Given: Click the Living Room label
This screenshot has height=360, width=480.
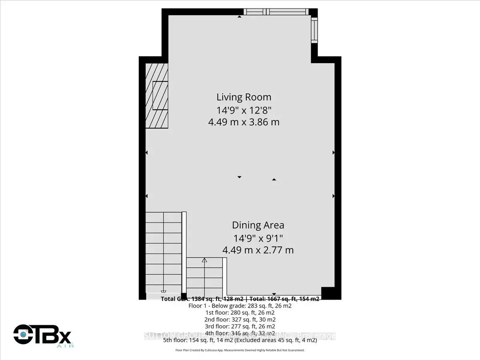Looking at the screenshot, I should click(x=244, y=97).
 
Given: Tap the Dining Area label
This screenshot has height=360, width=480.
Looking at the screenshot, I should click(x=258, y=225).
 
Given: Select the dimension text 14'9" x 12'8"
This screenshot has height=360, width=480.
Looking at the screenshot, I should click(x=244, y=110).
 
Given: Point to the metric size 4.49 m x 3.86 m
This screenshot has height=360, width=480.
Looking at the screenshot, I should click(x=244, y=122).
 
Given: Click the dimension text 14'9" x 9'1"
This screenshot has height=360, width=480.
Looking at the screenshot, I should click(x=258, y=238).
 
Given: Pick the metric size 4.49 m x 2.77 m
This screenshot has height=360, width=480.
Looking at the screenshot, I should click(x=258, y=250).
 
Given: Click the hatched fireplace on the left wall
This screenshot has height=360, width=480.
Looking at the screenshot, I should click(x=157, y=96).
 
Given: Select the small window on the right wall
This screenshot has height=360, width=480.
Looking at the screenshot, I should click(x=314, y=31).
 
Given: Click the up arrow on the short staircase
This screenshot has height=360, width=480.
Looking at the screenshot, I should click(x=204, y=261).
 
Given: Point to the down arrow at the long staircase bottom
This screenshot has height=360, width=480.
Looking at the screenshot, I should click(x=163, y=292).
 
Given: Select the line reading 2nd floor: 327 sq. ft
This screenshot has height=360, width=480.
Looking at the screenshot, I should click(x=240, y=319).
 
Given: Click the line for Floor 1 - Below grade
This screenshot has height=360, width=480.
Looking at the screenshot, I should click(x=240, y=306).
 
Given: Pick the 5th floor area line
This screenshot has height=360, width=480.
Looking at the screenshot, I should click(x=240, y=340).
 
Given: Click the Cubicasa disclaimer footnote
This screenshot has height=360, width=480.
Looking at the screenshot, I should click(x=240, y=350).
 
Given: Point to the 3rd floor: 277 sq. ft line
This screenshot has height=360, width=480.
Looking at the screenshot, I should click(x=240, y=326).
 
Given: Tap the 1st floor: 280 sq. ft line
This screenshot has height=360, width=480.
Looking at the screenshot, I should click(x=240, y=312).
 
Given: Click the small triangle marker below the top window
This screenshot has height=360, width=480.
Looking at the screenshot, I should click(x=239, y=17).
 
